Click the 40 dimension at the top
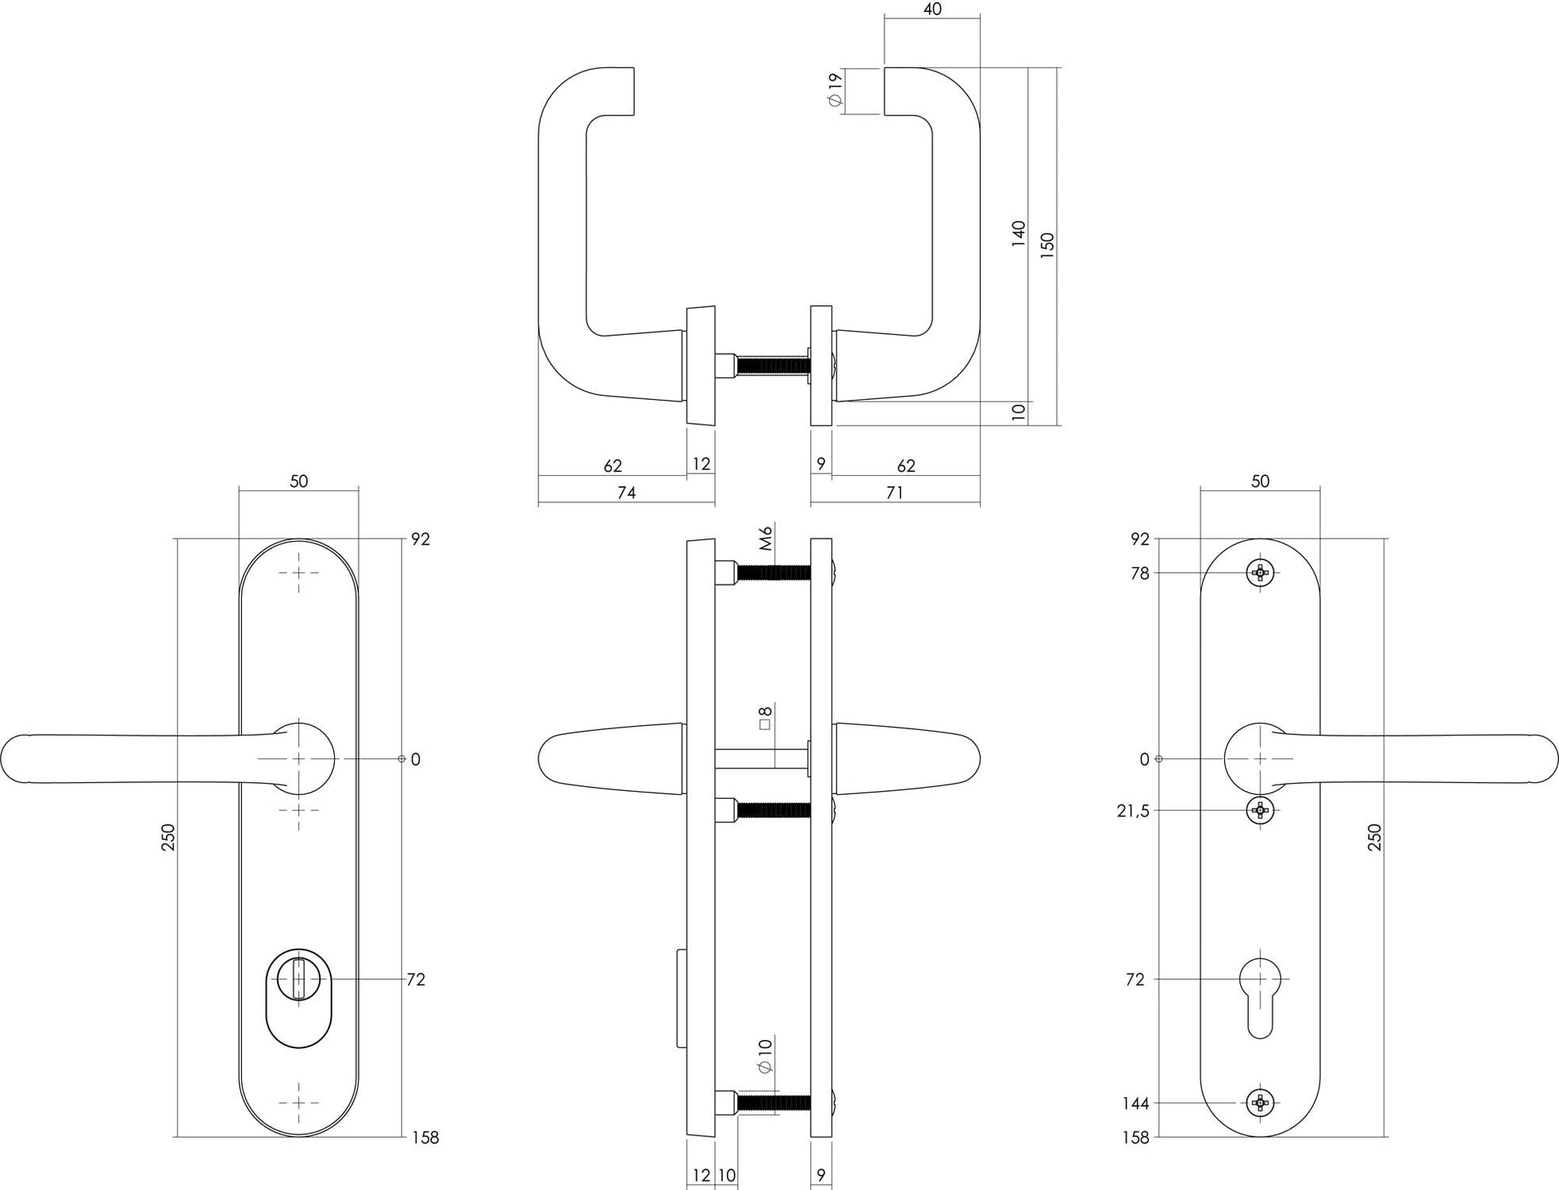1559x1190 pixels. [932, 10]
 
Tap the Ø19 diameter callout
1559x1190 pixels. [835, 90]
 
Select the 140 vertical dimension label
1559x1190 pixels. [1018, 233]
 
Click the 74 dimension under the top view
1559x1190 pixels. [626, 493]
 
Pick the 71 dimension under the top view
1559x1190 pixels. [895, 493]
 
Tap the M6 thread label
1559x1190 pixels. [766, 538]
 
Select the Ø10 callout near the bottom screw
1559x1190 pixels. [764, 1055]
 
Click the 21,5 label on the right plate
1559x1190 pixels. [1133, 811]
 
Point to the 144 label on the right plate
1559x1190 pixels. [1135, 1103]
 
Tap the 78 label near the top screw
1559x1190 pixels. [1139, 574]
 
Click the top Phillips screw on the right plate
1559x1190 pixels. [1260, 572]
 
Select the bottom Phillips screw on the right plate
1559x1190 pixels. [1260, 1103]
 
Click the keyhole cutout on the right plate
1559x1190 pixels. [1260, 994]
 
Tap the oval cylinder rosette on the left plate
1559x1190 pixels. [299, 998]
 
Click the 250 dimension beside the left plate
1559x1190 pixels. [168, 837]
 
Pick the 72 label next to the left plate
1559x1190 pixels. [416, 979]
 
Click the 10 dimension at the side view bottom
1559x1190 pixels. [726, 1176]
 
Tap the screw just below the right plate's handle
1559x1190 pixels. [1260, 810]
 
